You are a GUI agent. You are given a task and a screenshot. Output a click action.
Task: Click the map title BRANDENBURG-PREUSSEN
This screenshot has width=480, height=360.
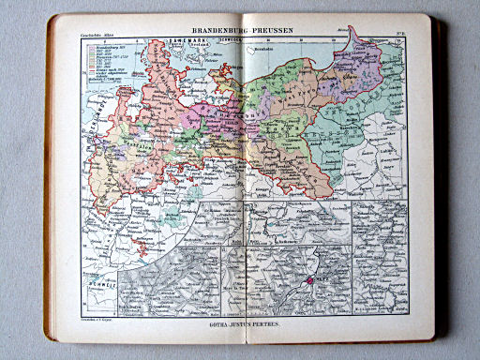click(240, 30)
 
